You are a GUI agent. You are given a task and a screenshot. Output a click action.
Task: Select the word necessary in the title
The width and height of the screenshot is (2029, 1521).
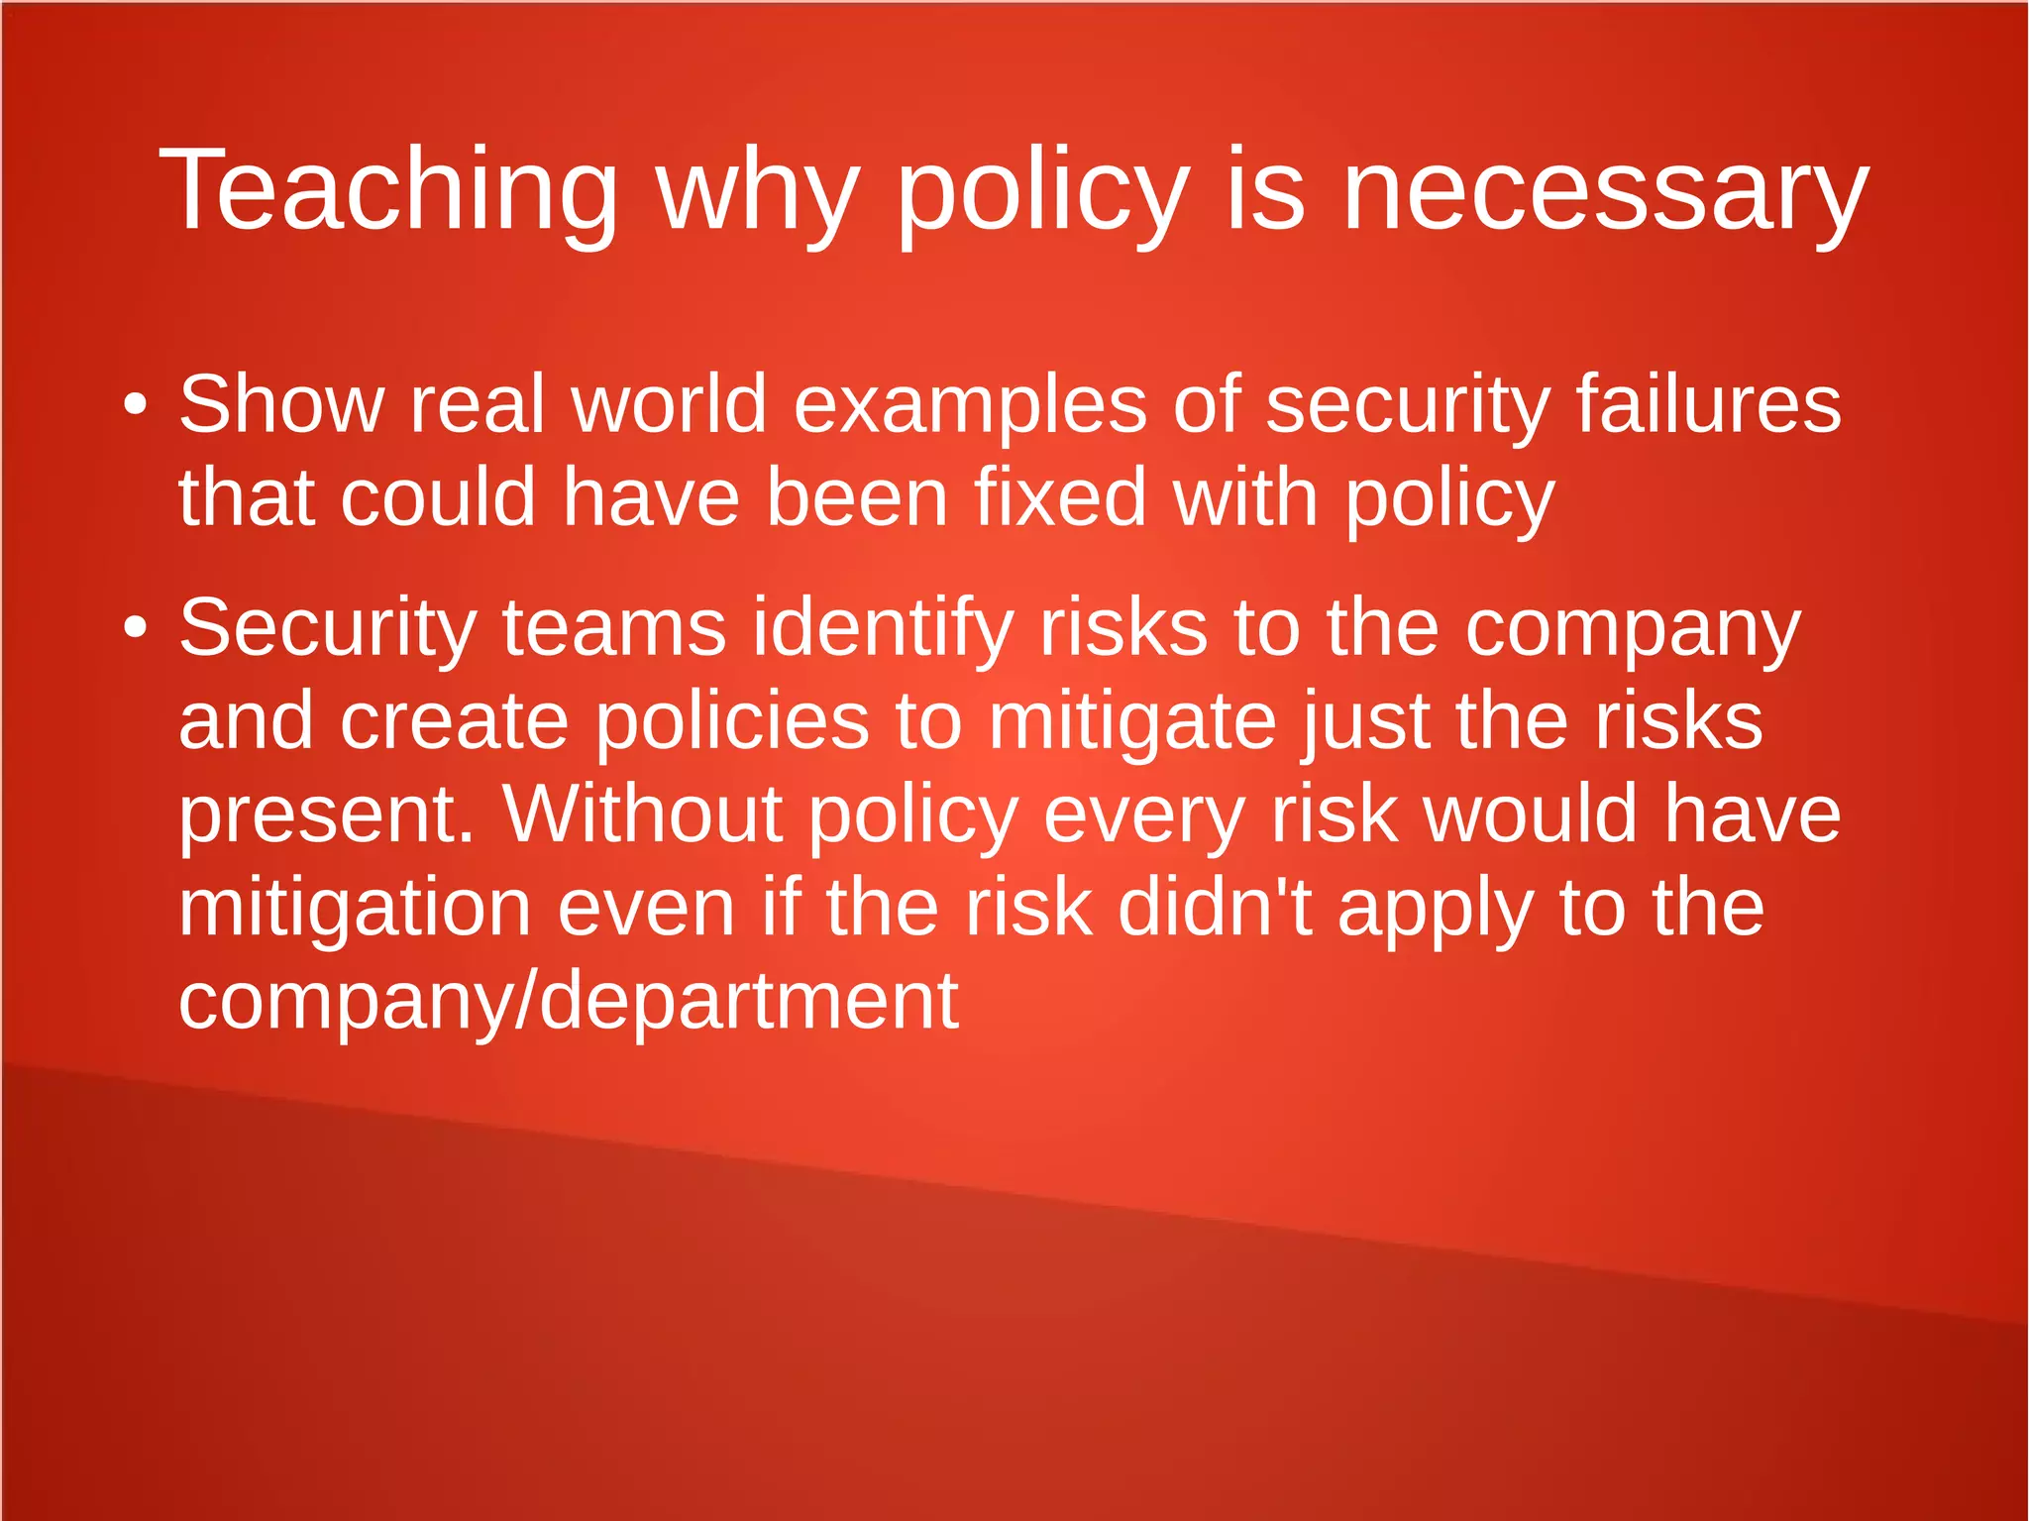pos(1604,190)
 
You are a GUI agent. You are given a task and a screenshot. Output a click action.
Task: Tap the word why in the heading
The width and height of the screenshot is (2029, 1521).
pos(757,190)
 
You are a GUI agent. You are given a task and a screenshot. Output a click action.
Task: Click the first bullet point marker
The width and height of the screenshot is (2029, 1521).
pos(136,404)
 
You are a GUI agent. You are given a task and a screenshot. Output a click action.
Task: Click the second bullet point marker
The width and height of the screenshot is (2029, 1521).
pos(136,627)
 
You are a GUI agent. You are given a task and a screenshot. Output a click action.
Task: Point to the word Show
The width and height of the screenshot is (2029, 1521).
pos(280,404)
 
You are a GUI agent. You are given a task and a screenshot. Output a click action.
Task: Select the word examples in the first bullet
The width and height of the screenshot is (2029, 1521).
pos(970,404)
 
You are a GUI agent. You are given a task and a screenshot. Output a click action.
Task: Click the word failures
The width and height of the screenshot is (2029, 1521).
pos(1708,404)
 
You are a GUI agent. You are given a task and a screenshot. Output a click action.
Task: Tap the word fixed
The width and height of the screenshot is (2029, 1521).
pos(1061,496)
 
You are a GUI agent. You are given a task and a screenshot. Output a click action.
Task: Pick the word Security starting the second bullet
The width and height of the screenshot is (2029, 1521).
pos(328,627)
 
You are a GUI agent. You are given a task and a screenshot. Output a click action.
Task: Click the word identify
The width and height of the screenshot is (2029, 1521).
pos(883,627)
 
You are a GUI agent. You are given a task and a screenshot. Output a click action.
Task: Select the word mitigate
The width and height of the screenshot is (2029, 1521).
pos(1132,720)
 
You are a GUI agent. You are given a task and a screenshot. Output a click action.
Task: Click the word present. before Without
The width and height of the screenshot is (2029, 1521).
pos(327,814)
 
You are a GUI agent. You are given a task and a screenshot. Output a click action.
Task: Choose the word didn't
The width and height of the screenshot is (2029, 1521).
pos(1215,907)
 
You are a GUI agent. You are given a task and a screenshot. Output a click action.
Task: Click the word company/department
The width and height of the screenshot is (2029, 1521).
pos(568,1000)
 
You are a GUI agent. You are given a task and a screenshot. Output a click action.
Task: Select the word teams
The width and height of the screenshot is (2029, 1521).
pos(614,627)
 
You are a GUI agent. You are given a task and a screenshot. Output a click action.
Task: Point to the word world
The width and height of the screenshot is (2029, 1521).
pos(670,404)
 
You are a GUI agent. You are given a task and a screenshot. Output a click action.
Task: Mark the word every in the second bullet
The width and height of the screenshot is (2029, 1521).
pos(1143,814)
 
